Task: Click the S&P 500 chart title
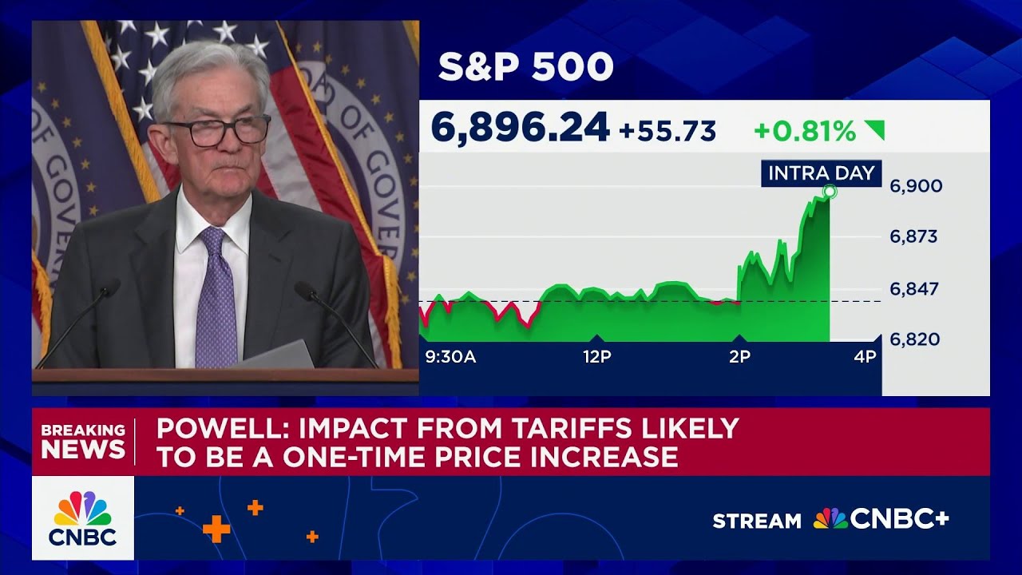click(525, 68)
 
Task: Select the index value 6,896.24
click(520, 128)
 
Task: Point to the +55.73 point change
click(667, 130)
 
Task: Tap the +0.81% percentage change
click(805, 131)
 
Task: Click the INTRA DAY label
click(821, 172)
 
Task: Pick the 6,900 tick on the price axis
click(916, 186)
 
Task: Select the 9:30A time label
click(450, 357)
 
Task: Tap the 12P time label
click(596, 357)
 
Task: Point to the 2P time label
click(739, 357)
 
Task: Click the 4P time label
click(865, 357)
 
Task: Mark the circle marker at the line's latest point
click(830, 192)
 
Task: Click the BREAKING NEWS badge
click(83, 441)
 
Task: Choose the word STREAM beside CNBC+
click(757, 521)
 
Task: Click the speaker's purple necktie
click(216, 299)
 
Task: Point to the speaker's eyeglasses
click(216, 131)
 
